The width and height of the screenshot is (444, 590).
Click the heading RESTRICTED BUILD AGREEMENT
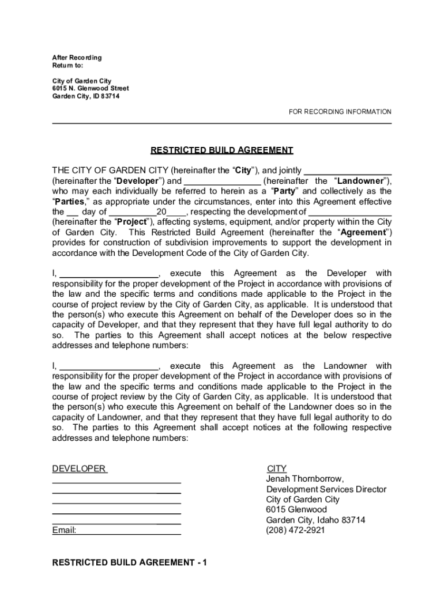coord(222,150)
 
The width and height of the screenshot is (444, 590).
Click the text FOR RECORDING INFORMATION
coord(340,112)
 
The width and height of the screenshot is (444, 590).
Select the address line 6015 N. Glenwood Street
coord(91,88)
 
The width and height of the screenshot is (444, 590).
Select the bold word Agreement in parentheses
coord(363,232)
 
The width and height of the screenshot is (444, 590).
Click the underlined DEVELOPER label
coord(79,469)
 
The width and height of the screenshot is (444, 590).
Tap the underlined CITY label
coord(277,469)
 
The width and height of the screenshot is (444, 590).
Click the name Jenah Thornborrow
coord(304,479)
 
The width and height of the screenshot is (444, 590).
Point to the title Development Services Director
coord(326,489)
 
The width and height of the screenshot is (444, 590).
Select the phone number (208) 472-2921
coord(295,530)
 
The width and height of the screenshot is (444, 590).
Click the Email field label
coord(64,530)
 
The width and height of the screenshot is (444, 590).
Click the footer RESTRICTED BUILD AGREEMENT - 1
coord(129,562)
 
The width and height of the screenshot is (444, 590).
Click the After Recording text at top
coord(77,58)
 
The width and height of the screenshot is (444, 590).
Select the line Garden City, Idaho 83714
coord(315,520)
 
